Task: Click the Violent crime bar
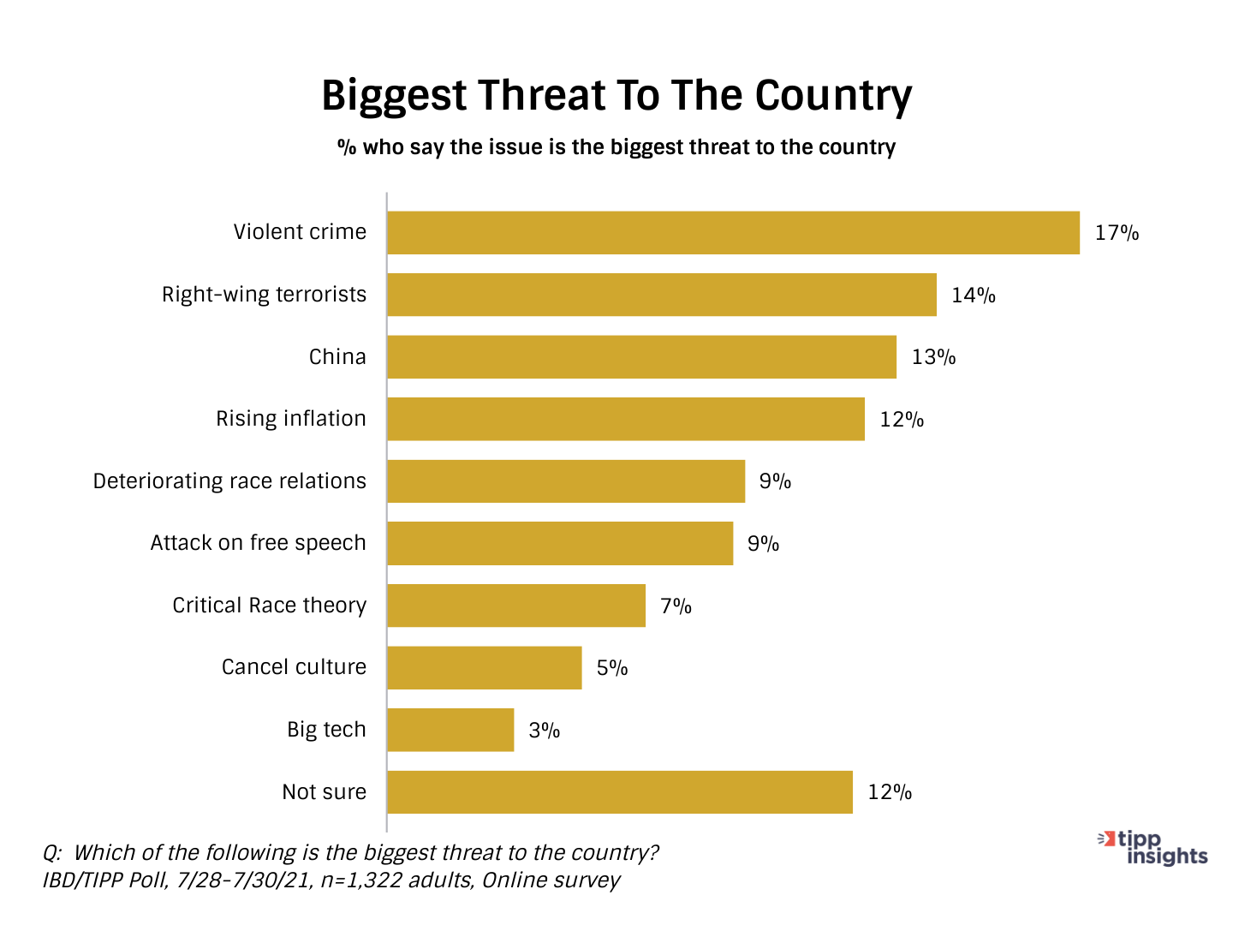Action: pos(733,233)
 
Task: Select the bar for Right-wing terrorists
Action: pos(661,295)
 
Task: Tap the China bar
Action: pos(641,357)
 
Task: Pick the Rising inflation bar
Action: pos(625,419)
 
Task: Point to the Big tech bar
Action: pos(450,730)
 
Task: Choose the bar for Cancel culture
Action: pos(484,668)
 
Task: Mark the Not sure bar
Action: pos(619,792)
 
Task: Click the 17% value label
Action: pos(1117,233)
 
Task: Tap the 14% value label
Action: pos(973,295)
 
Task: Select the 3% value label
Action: pos(544,731)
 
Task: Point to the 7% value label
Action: pos(676,606)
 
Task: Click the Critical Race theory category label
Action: pos(269,606)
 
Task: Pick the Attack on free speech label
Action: pos(258,543)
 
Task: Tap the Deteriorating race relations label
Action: pos(229,481)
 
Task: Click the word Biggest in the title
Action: pos(393,96)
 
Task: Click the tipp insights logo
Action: pos(1153,848)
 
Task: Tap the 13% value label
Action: pos(933,357)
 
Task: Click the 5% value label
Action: pos(612,668)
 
